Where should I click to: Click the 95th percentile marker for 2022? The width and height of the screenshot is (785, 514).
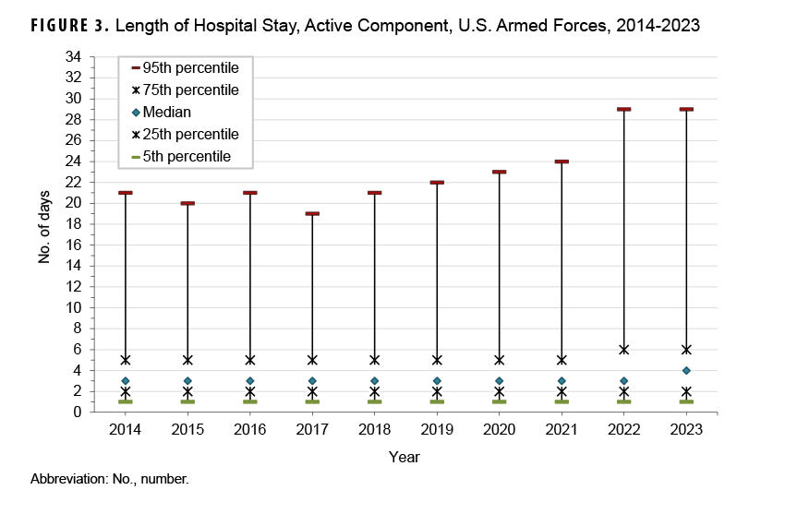(x=623, y=109)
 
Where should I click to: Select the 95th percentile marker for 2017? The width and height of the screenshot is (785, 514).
(x=312, y=213)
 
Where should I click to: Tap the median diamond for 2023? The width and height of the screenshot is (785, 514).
(x=686, y=370)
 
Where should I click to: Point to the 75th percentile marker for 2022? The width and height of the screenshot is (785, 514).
(x=623, y=350)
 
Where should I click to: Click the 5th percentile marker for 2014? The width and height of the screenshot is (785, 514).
(x=125, y=401)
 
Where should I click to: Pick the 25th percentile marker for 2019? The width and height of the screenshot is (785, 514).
(x=437, y=391)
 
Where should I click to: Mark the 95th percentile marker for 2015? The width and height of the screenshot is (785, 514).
(x=187, y=203)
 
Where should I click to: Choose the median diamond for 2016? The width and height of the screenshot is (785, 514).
(x=249, y=381)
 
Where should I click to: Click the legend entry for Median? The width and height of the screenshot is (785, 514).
(x=166, y=113)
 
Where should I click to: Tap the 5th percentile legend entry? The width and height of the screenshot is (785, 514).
(x=186, y=157)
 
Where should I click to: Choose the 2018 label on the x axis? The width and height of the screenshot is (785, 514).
(x=374, y=431)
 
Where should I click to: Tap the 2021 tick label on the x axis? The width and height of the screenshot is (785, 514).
(x=562, y=431)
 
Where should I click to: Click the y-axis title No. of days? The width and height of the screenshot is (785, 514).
(x=43, y=234)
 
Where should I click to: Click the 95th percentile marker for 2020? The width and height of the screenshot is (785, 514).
(x=499, y=172)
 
